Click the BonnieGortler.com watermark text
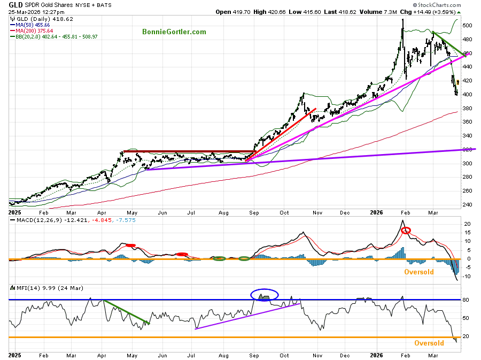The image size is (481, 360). pyautogui.click(x=174, y=32)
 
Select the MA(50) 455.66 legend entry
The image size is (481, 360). pyautogui.click(x=34, y=25)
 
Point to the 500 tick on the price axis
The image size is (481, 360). pyautogui.click(x=467, y=26)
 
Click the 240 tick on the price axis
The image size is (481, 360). pyautogui.click(x=467, y=205)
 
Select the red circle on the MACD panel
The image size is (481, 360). pyautogui.click(x=406, y=231)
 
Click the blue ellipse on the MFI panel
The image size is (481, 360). pyautogui.click(x=265, y=295)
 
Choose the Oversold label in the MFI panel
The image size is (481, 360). pyautogui.click(x=429, y=343)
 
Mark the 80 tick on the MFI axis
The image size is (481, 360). pyautogui.click(x=466, y=300)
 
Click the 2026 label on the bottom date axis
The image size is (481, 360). pyautogui.click(x=377, y=355)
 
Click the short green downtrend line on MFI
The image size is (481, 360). pyautogui.click(x=126, y=312)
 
